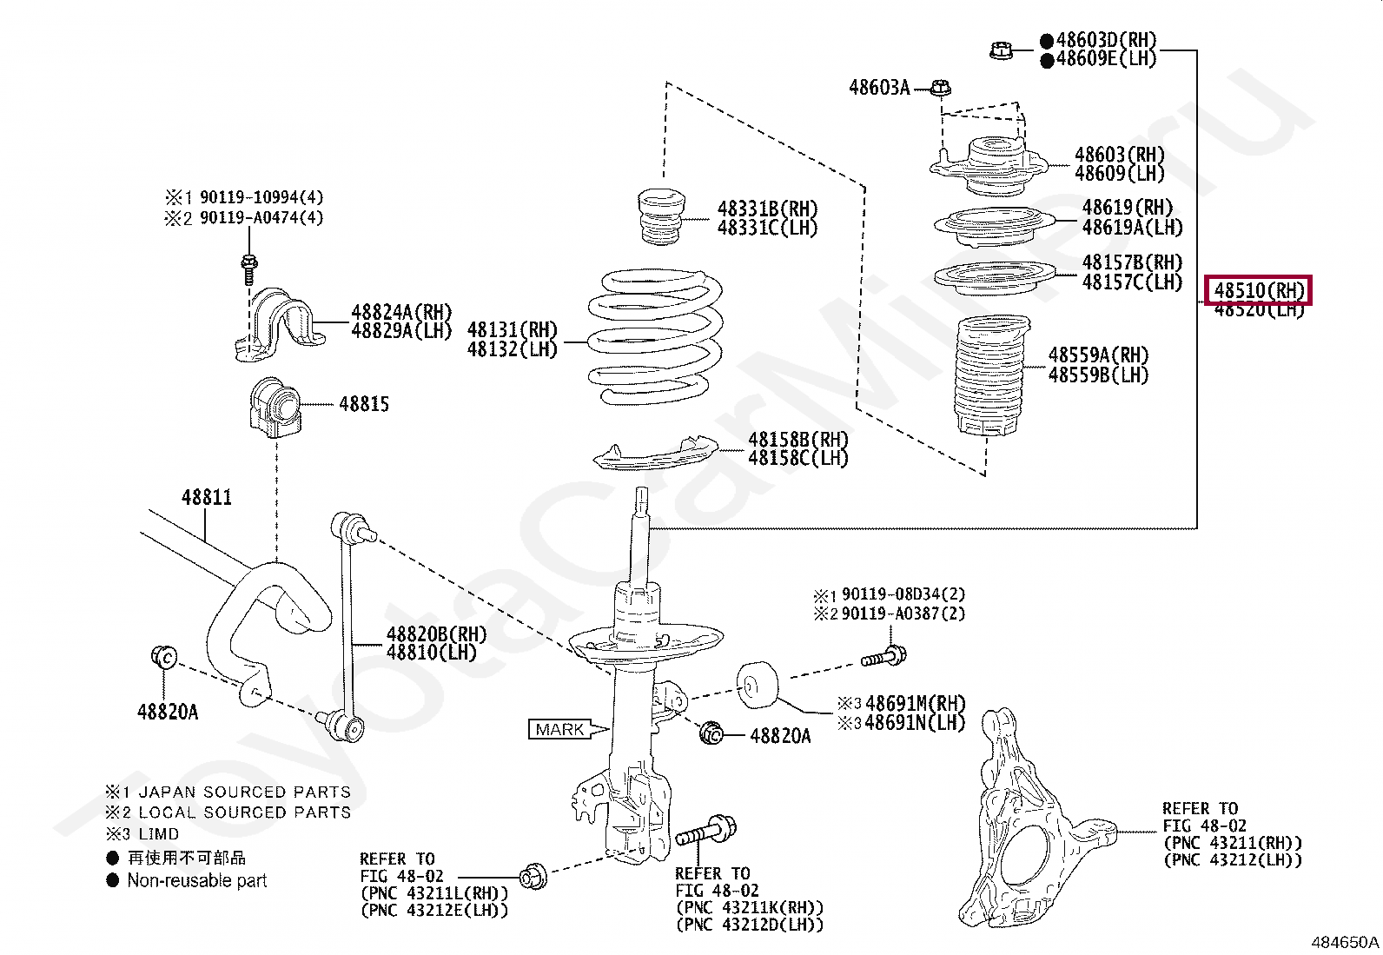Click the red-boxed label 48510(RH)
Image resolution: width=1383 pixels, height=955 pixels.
click(x=1258, y=290)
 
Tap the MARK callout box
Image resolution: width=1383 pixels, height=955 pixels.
click(x=559, y=730)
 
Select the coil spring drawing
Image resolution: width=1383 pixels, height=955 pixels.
click(x=655, y=339)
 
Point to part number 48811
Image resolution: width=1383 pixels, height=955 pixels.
click(x=207, y=498)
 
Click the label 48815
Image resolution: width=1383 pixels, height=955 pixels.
click(x=364, y=404)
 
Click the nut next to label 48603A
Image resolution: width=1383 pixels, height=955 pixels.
click(x=941, y=88)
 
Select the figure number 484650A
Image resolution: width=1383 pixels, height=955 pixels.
click(x=1344, y=942)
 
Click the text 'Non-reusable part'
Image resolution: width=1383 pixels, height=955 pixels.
click(x=196, y=880)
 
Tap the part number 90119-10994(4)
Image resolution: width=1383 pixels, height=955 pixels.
click(x=261, y=197)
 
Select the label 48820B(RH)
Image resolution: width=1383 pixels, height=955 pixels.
click(x=436, y=634)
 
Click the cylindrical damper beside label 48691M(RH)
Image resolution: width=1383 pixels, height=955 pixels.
click(x=758, y=682)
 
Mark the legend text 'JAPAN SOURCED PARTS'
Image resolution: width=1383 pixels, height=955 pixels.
click(x=245, y=792)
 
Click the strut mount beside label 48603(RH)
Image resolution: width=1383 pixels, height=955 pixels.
click(x=990, y=165)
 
